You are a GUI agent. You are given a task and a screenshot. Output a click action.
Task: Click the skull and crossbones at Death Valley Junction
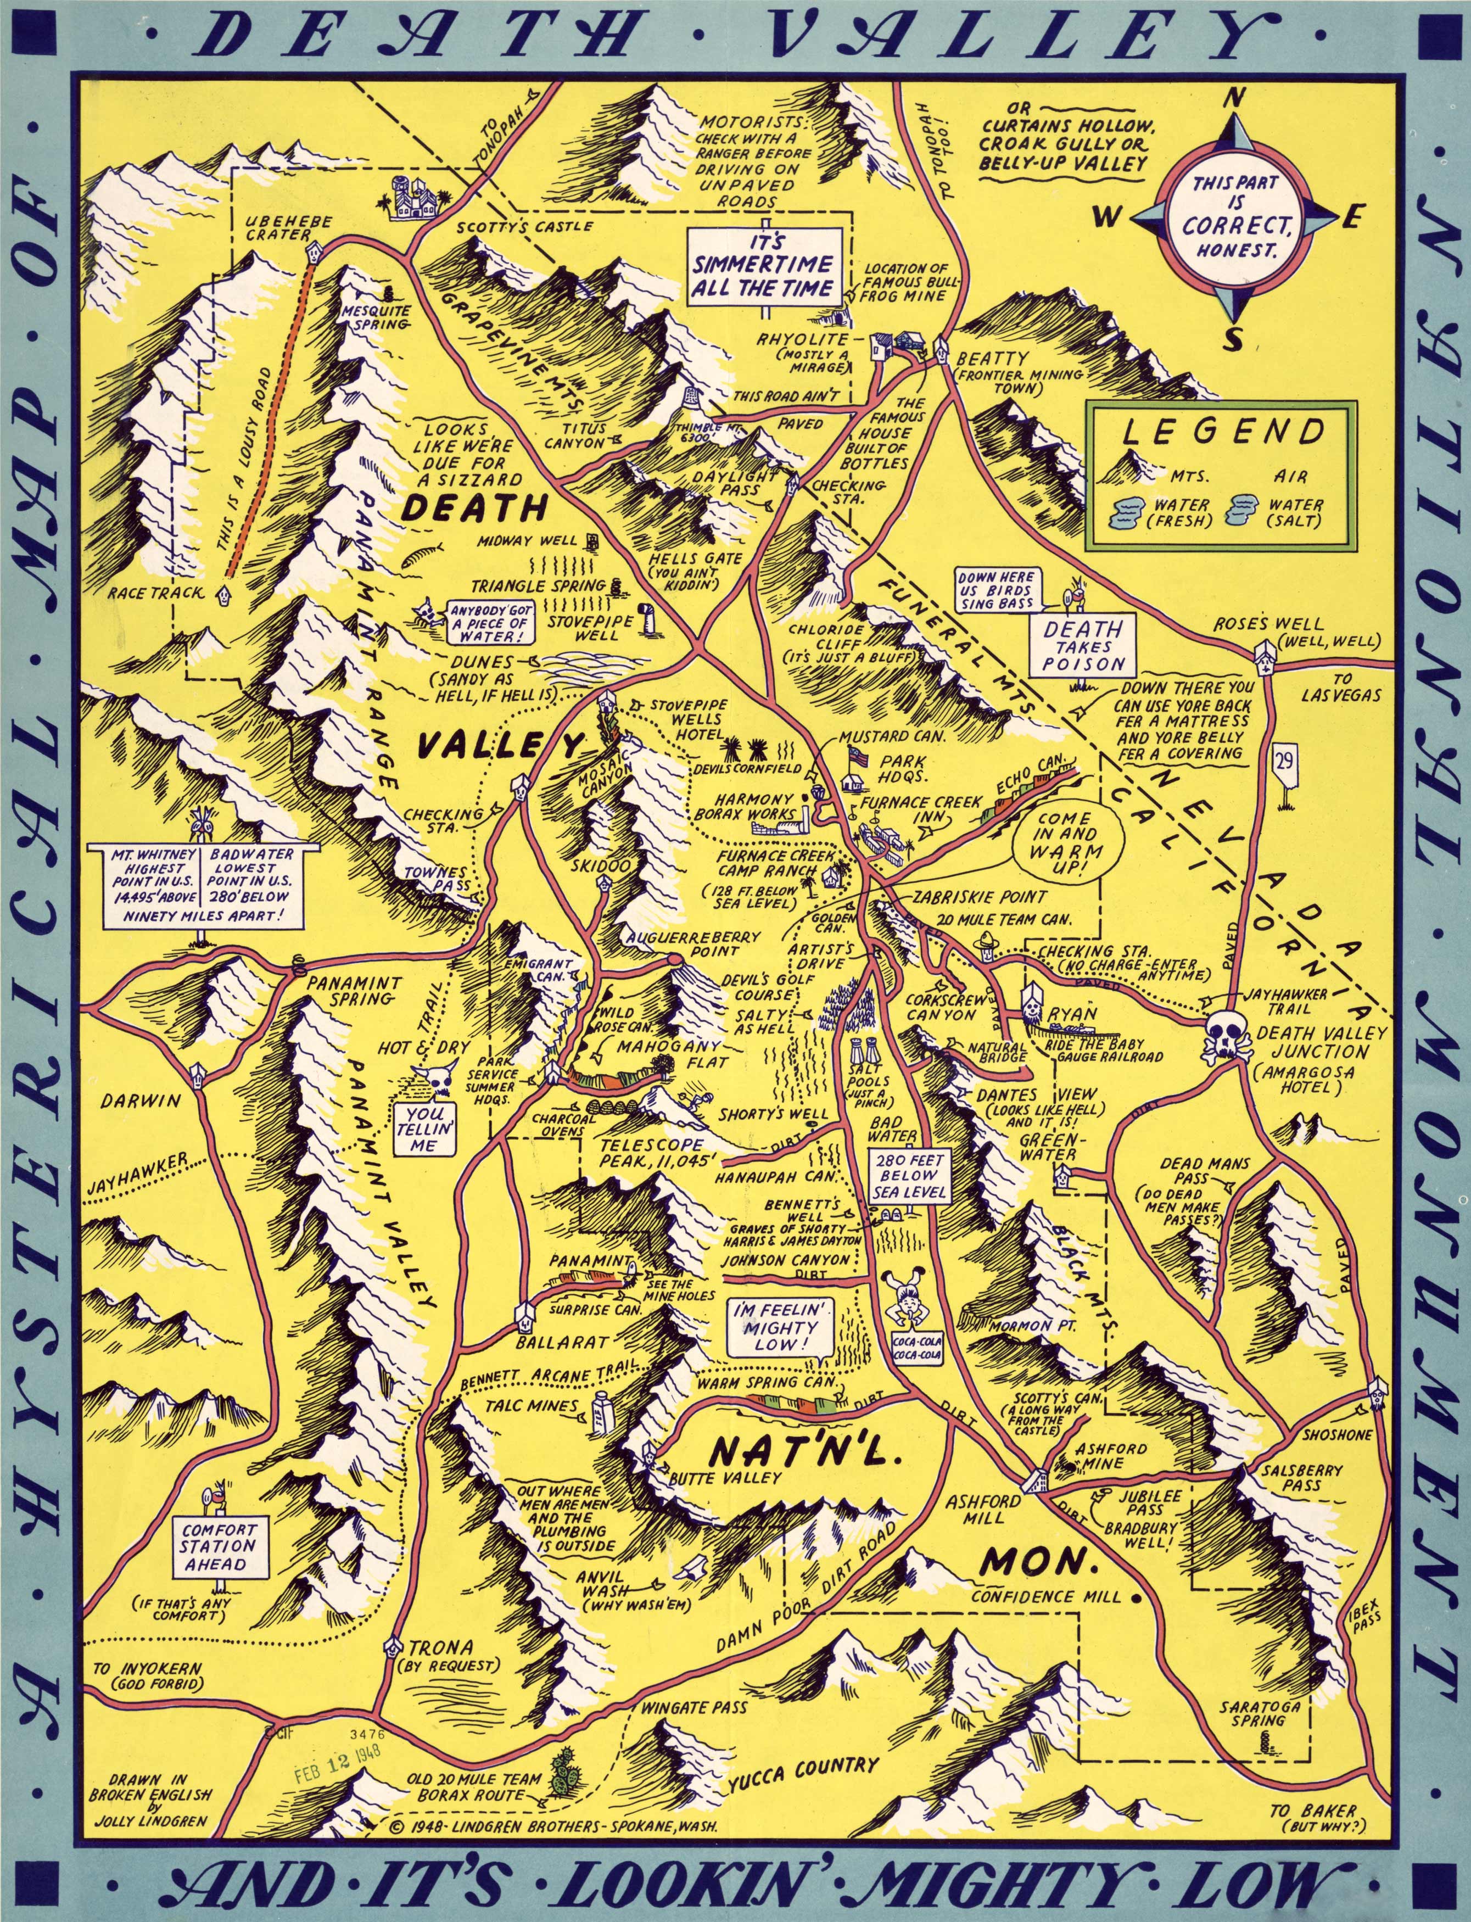pos(1224,1036)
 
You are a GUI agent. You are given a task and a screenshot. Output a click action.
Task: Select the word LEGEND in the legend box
pos(1224,433)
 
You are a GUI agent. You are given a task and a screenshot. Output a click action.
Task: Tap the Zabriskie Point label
pos(978,897)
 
